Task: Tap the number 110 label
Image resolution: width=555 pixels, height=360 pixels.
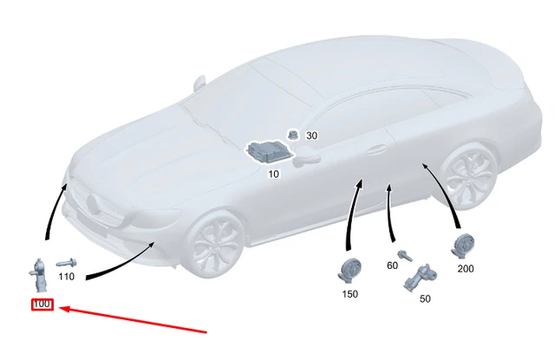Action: (x=66, y=277)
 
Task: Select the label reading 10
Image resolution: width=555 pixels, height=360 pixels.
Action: (x=273, y=174)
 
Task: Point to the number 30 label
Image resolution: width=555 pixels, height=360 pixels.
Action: (x=311, y=136)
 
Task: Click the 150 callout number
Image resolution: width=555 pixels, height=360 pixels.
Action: (x=349, y=294)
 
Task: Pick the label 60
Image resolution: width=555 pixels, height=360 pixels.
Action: (x=392, y=265)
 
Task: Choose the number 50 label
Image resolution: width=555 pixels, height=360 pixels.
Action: (x=425, y=298)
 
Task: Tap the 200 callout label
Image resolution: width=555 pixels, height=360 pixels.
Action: (x=466, y=269)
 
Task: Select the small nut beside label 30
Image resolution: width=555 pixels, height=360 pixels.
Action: (x=294, y=134)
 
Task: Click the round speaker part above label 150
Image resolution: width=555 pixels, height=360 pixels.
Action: (x=349, y=270)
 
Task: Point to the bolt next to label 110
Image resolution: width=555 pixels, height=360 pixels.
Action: (x=66, y=262)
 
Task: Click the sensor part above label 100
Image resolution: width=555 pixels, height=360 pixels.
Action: (x=39, y=276)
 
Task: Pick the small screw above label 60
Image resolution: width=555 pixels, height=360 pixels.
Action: (x=402, y=253)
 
